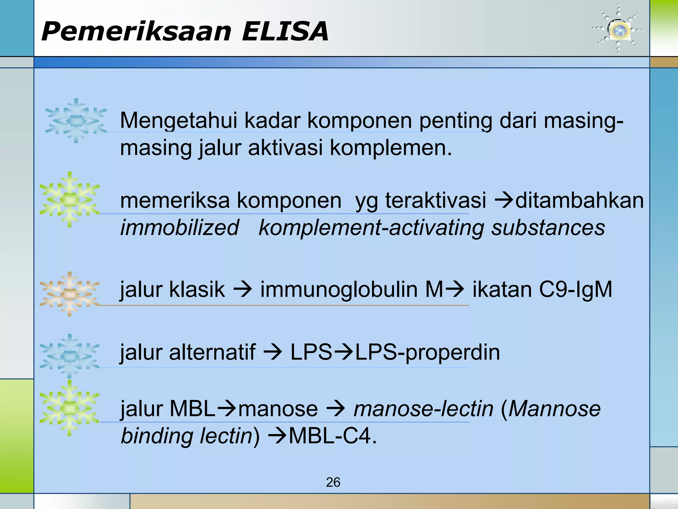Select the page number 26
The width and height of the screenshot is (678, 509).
pos(333,482)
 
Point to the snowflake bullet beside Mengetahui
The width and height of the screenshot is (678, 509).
pos(76,121)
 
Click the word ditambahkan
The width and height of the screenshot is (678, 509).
pos(579,200)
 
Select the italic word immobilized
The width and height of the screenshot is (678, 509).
pos(179,228)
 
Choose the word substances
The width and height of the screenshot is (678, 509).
pos(548,228)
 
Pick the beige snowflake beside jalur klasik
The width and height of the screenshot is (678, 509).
pos(70,294)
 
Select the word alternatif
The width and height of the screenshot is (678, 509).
pos(212,352)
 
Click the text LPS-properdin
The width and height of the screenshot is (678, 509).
pos(427,353)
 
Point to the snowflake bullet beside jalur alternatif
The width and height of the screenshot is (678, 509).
pos(70,356)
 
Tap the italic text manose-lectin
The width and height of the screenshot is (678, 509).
pos(423,409)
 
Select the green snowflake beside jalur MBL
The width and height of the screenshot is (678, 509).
pos(70,408)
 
